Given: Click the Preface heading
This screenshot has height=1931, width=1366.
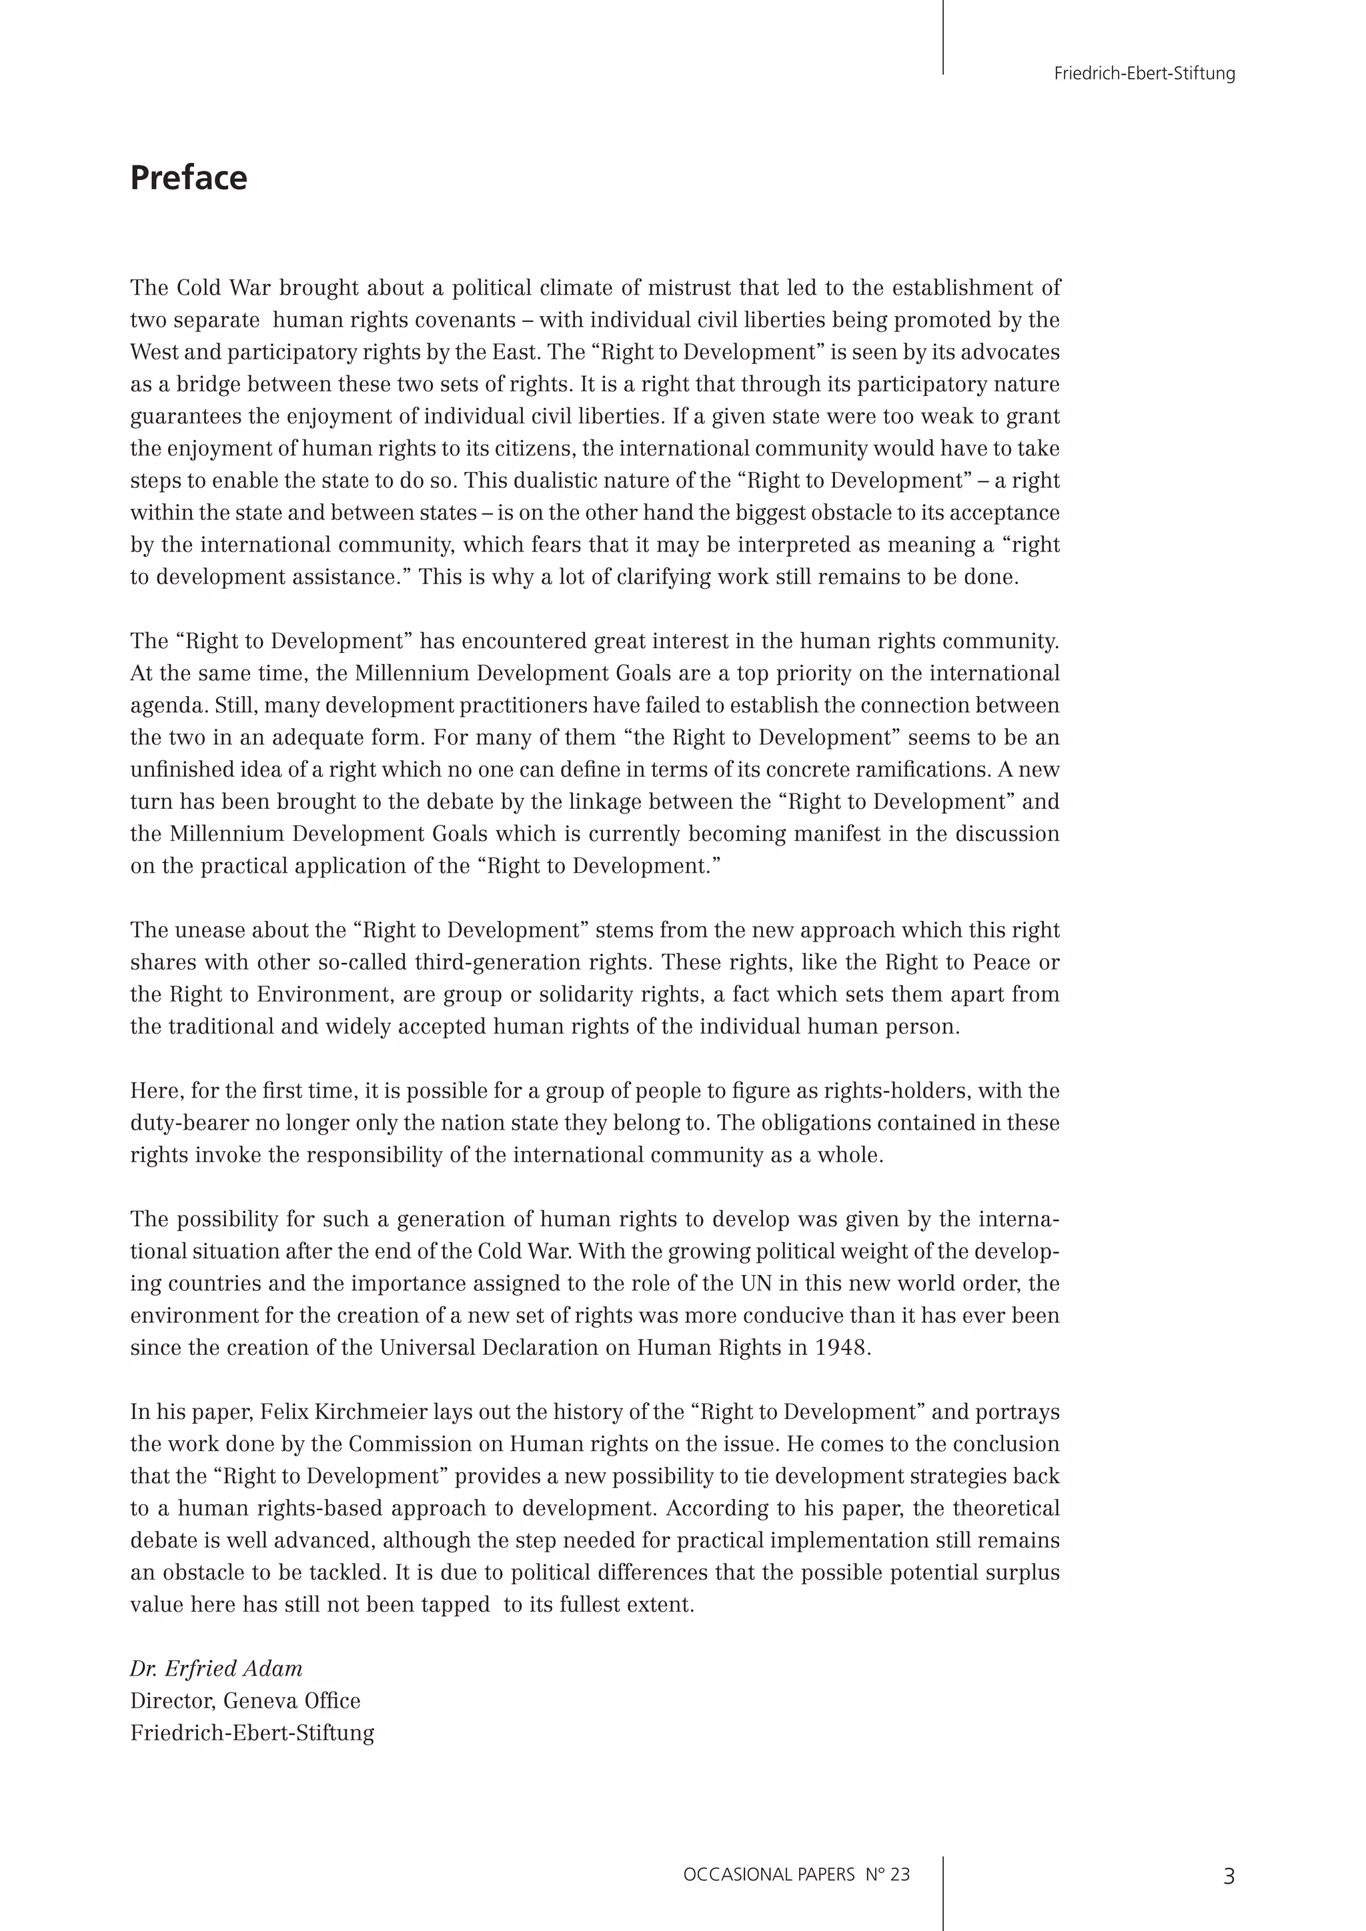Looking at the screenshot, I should click(x=188, y=178).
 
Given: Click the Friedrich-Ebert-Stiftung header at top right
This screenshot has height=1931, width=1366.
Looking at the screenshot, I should click(x=1144, y=74).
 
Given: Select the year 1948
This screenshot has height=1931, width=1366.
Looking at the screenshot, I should click(x=840, y=1348).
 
